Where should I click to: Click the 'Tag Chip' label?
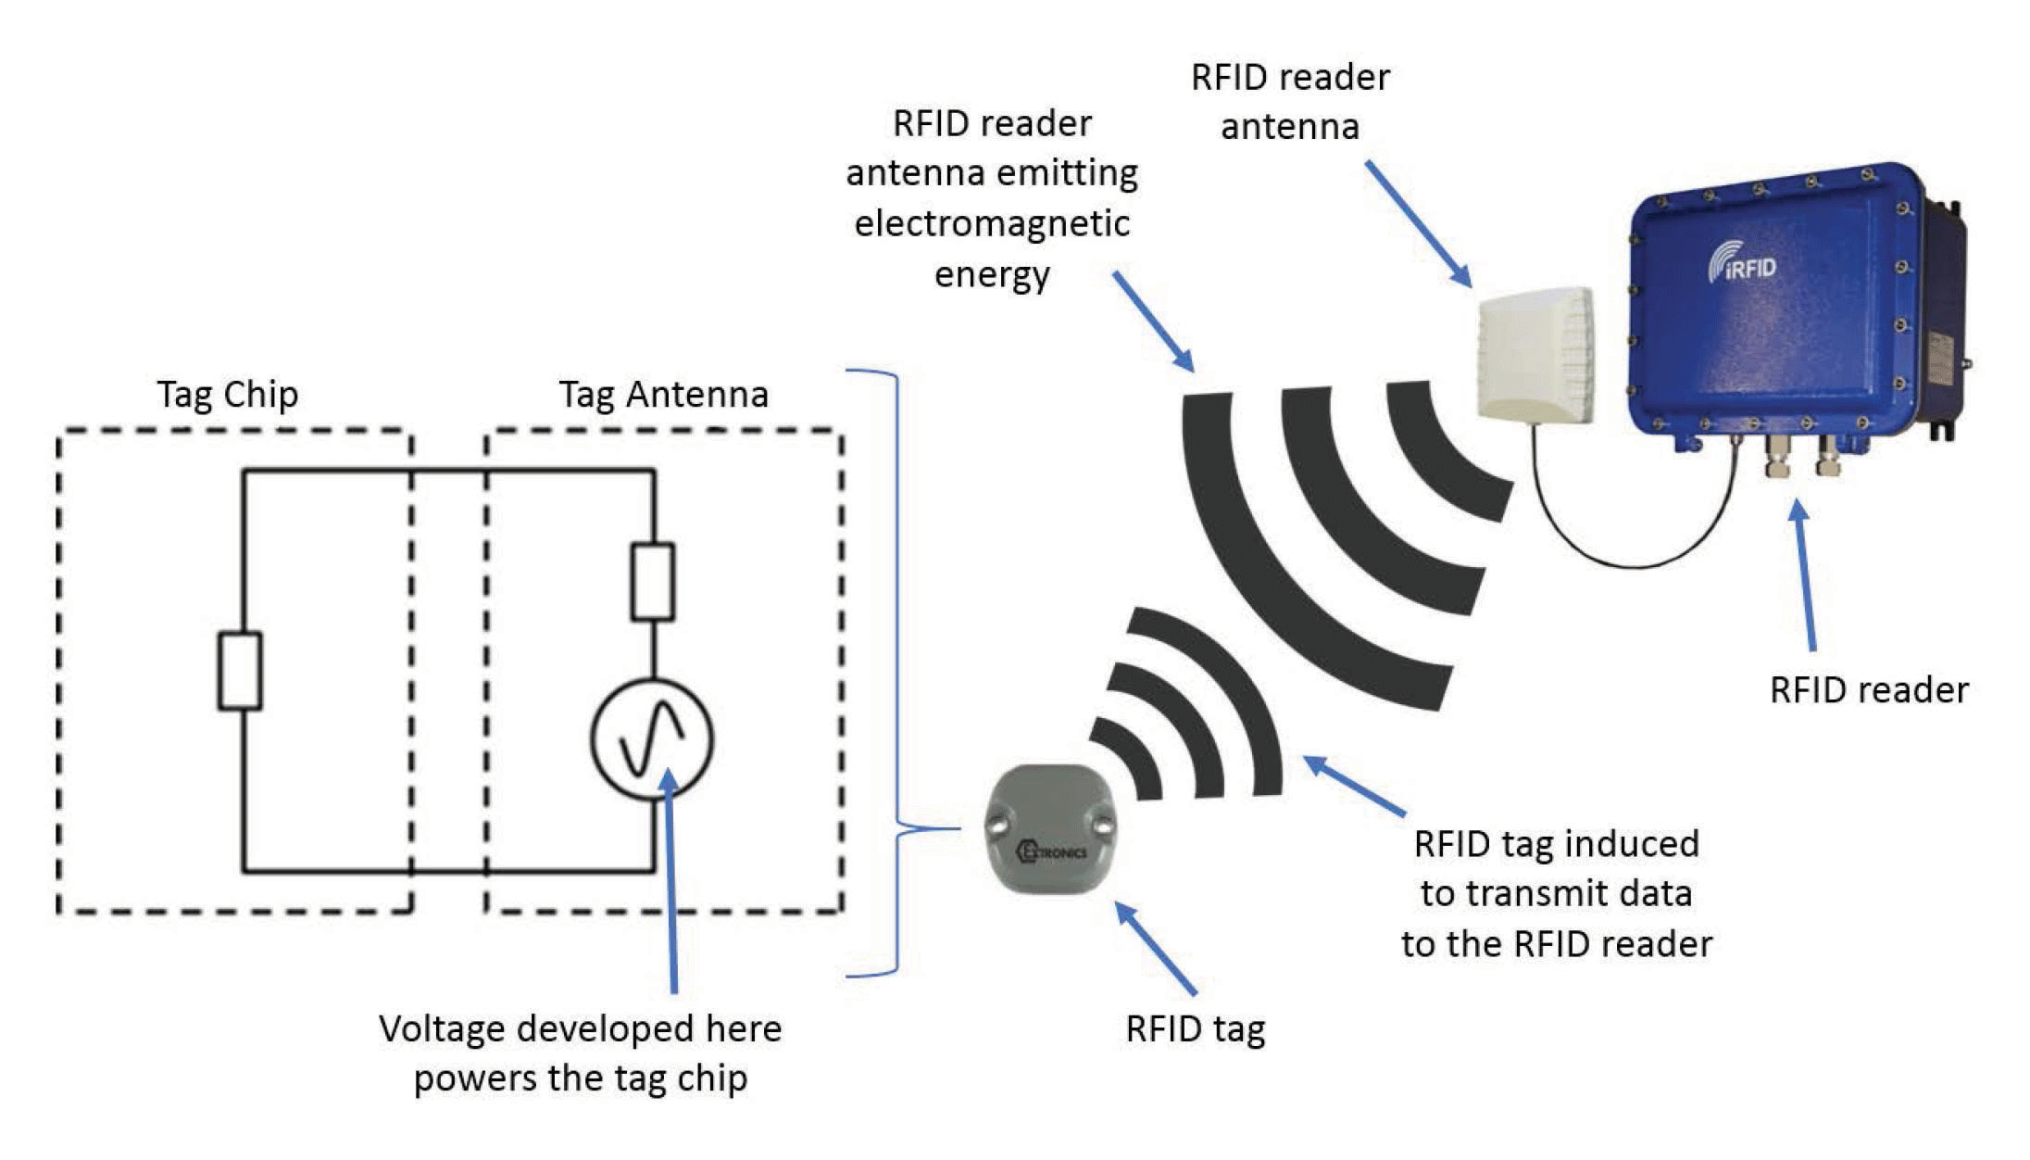pos(227,395)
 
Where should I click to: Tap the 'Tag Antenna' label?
pos(663,395)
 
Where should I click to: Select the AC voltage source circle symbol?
pos(652,739)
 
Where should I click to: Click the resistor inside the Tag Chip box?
pos(240,671)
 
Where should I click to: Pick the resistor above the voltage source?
pos(652,582)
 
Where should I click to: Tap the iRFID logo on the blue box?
pos(1742,264)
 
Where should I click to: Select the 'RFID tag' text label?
pos(1195,1029)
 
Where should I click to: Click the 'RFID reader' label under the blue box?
pos(1868,690)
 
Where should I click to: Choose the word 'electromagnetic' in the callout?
pos(992,224)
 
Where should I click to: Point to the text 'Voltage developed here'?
pos(580,1028)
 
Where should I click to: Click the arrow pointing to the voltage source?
pos(671,880)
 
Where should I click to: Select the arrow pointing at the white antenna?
pos(1418,223)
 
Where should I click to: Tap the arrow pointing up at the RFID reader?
pos(1805,574)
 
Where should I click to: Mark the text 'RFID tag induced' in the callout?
pos(1556,844)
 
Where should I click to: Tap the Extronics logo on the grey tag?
pos(1052,851)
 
